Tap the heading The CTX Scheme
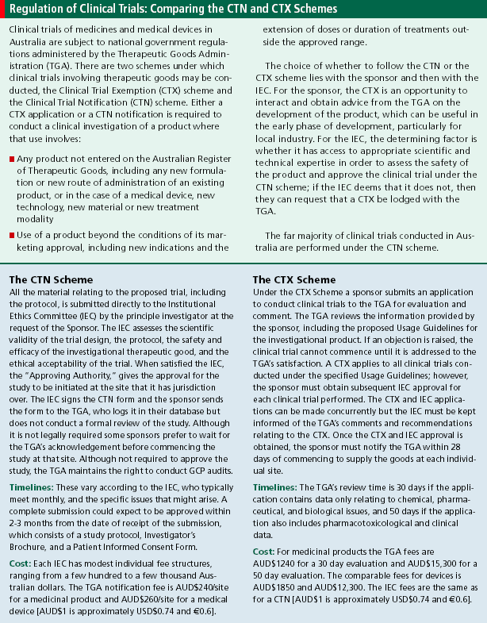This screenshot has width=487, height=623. tap(294, 280)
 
